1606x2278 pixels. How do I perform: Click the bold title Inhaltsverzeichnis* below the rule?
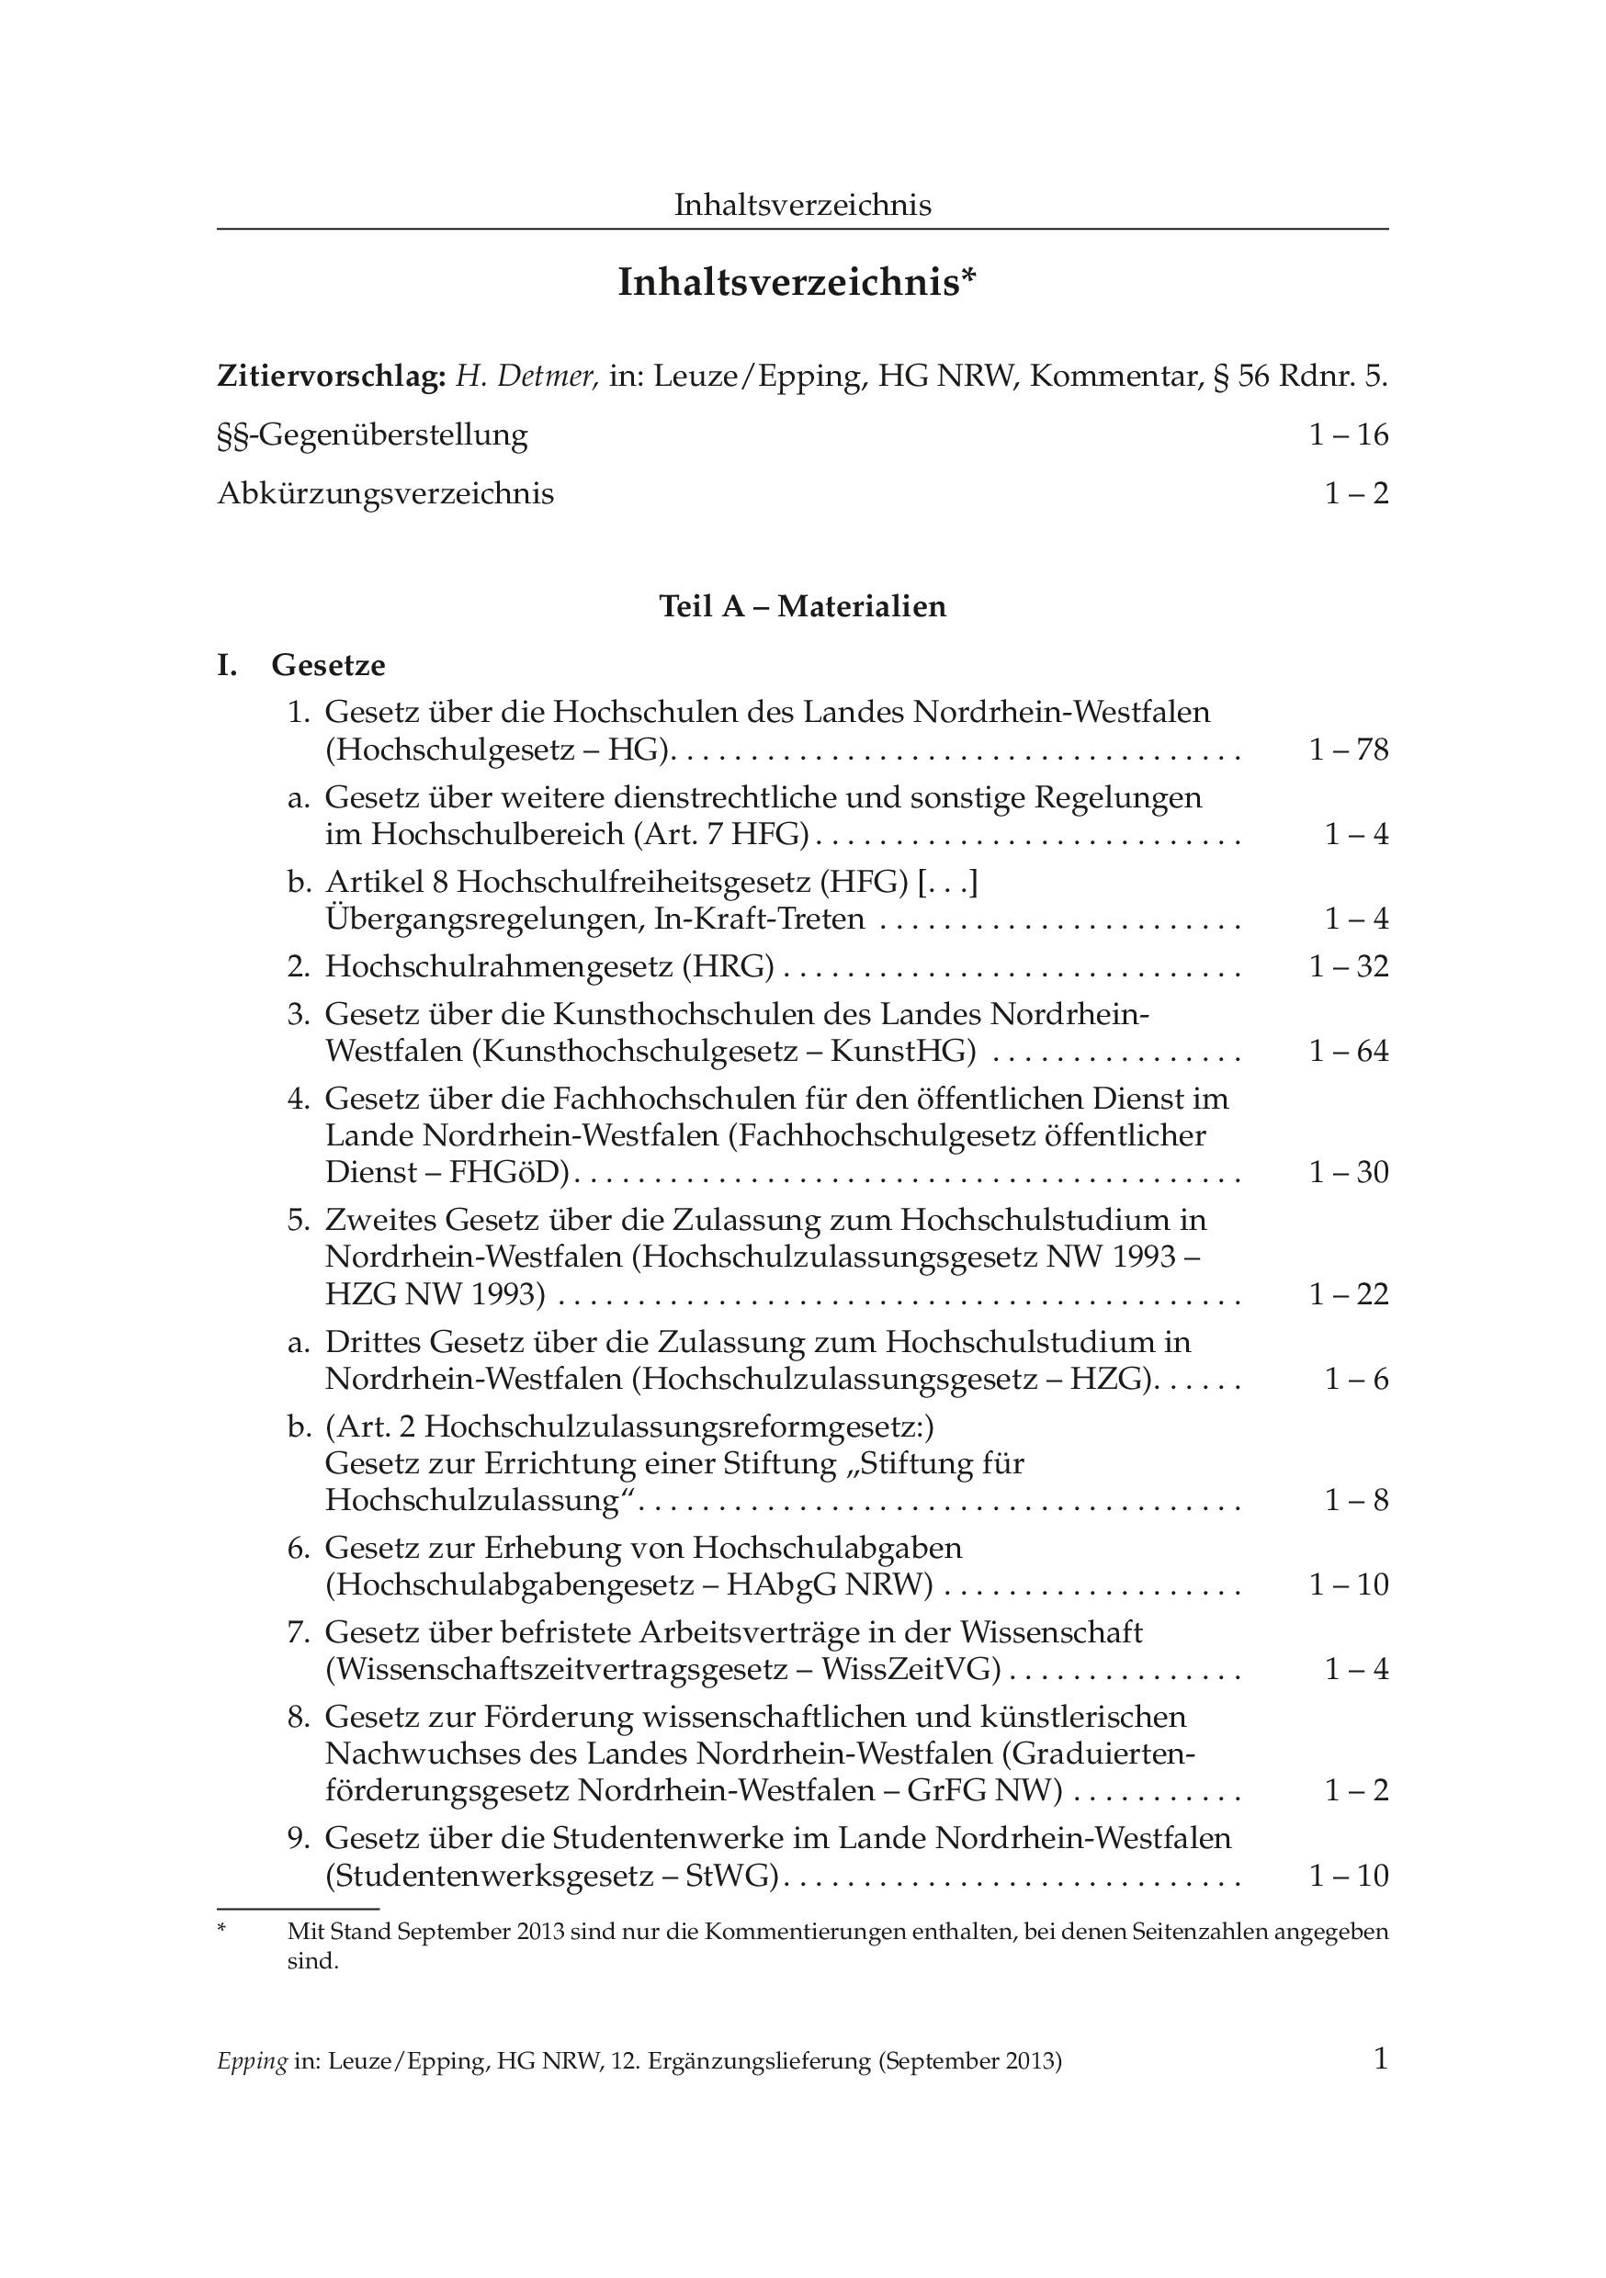point(797,283)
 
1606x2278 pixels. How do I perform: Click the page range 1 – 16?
point(1348,434)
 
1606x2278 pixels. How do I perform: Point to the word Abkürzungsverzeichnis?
point(385,493)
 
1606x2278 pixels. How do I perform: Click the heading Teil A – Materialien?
point(802,606)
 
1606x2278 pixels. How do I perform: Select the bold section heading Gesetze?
point(329,665)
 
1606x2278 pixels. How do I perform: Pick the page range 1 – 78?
point(1348,750)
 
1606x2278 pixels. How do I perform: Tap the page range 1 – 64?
point(1348,1052)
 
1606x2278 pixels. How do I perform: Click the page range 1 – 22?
point(1348,1295)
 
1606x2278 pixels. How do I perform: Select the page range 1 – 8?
point(1356,1500)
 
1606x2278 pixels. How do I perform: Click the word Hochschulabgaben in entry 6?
point(828,1548)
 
